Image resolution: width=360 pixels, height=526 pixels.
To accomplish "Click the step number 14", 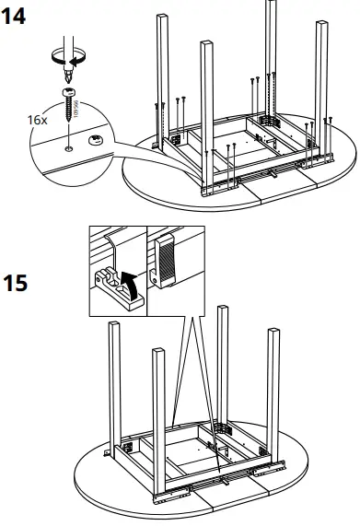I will click(x=16, y=17).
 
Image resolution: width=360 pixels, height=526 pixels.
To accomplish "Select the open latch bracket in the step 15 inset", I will click(x=113, y=275).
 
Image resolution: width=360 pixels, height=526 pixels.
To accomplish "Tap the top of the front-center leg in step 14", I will click(x=205, y=43).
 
